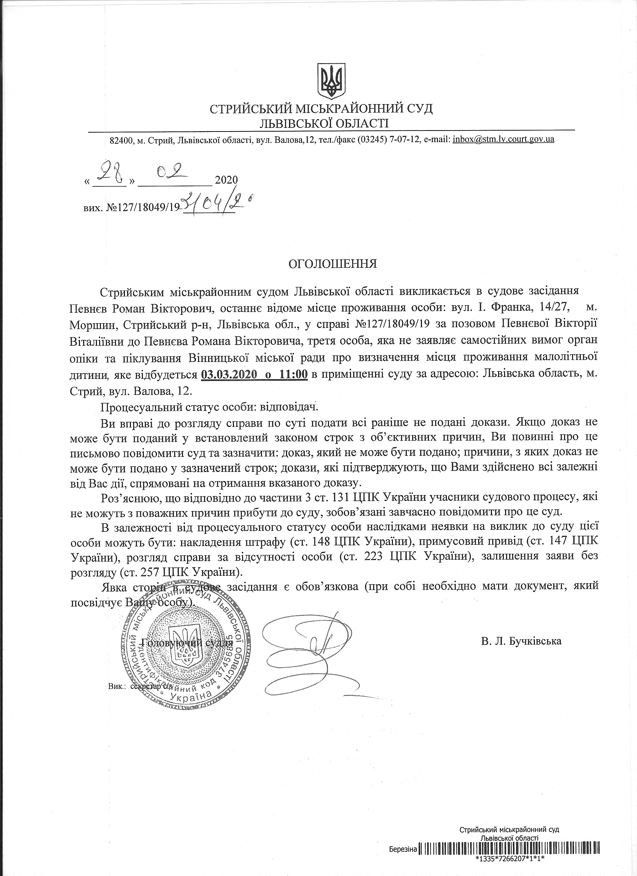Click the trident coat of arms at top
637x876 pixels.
click(331, 81)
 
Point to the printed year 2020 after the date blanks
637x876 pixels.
click(226, 180)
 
